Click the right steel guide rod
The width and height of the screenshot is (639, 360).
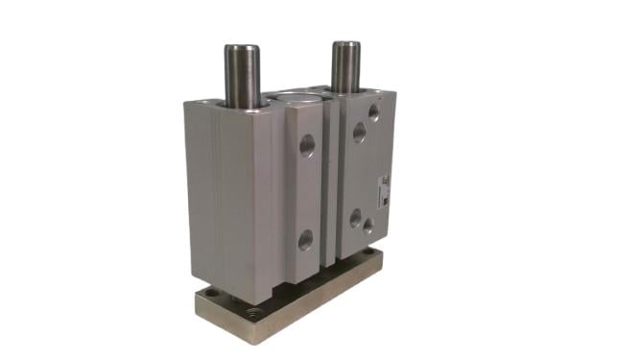click(346, 65)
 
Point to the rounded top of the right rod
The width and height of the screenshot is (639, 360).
click(346, 43)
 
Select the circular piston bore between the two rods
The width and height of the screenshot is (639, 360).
click(305, 97)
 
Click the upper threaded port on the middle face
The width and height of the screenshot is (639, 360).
click(307, 146)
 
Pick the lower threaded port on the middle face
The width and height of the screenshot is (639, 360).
click(305, 238)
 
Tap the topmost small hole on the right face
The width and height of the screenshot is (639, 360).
click(373, 113)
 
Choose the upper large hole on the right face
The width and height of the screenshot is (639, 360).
click(358, 132)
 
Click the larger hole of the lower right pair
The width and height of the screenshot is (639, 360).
click(356, 220)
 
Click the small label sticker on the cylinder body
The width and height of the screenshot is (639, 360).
click(383, 187)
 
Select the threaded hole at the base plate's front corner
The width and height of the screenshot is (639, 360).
click(259, 313)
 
